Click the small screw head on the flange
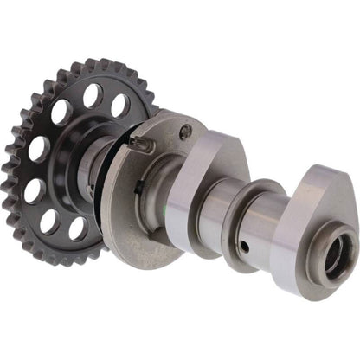point(185,131)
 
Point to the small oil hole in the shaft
point(245,246)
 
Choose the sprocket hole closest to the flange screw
point(120,106)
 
